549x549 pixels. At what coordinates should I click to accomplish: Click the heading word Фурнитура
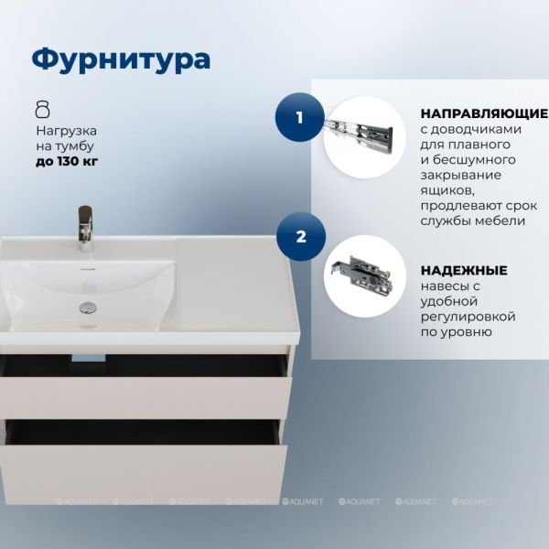[x=121, y=59]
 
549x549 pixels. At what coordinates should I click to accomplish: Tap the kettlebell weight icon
[x=43, y=109]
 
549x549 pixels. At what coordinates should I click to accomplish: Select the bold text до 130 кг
[x=67, y=161]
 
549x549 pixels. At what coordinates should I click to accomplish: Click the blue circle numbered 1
[x=300, y=117]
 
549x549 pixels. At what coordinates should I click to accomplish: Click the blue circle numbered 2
[x=301, y=237]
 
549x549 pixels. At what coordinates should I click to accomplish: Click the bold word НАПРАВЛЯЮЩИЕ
[x=484, y=113]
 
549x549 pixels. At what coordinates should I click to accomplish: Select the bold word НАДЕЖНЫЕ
[x=464, y=270]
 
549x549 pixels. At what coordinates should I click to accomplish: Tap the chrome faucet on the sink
[x=85, y=228]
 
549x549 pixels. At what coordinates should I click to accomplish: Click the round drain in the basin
[x=88, y=307]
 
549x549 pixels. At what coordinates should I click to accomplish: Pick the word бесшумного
[x=474, y=160]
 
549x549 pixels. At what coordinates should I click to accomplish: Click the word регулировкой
[x=468, y=317]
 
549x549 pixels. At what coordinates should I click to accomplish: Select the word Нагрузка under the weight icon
[x=67, y=131]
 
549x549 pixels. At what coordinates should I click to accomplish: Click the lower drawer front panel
[x=144, y=474]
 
